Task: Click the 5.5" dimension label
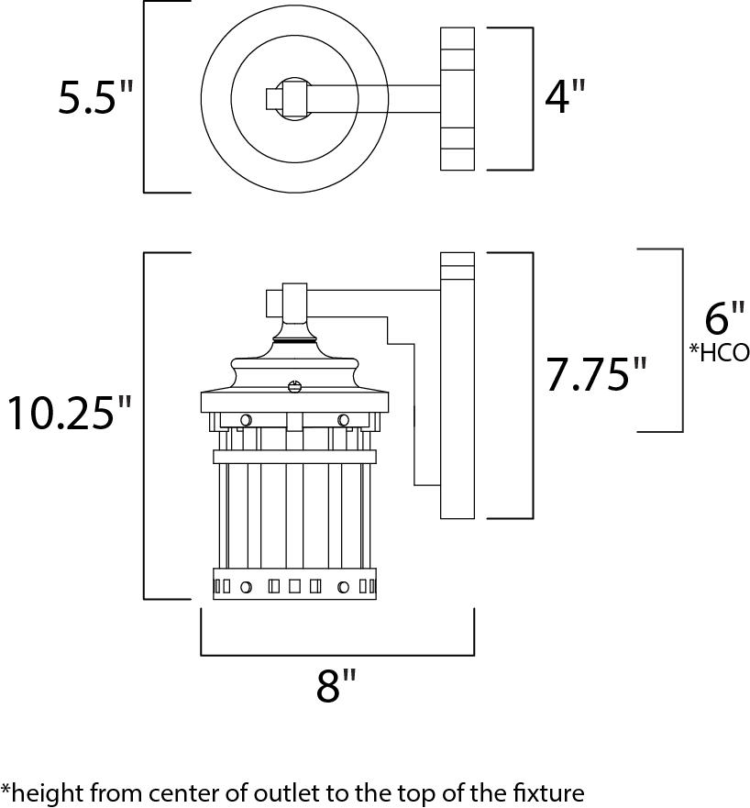coord(95,97)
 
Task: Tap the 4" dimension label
coord(564,97)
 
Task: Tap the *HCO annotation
coord(720,352)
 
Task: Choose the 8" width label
coord(336,685)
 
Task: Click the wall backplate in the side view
coord(458,385)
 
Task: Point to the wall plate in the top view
coord(458,98)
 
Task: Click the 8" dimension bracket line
coord(336,655)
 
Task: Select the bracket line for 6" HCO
coord(682,339)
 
